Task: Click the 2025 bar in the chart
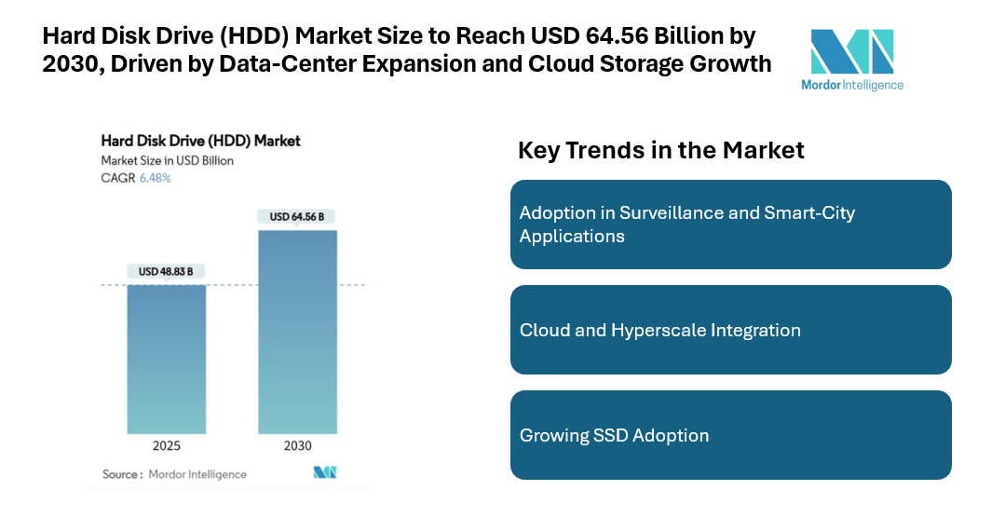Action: tap(167, 359)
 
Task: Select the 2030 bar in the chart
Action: tap(297, 332)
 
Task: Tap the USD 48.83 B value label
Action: tap(166, 272)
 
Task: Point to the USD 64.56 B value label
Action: tap(297, 217)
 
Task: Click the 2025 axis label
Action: tap(167, 445)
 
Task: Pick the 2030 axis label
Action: tap(297, 445)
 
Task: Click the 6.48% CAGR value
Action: tap(155, 178)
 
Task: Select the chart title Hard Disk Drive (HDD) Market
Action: tap(200, 142)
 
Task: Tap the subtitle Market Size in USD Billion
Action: tap(167, 160)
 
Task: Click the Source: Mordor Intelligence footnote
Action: tap(174, 474)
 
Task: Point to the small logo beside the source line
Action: tap(324, 473)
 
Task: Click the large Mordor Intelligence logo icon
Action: tap(851, 51)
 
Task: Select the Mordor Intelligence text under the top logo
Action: tap(852, 85)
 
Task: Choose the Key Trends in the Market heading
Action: tap(660, 150)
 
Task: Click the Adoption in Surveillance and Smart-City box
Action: tap(730, 225)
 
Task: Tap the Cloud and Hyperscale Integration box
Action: tap(730, 330)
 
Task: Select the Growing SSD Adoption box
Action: tap(730, 435)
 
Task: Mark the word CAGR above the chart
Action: tap(117, 178)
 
